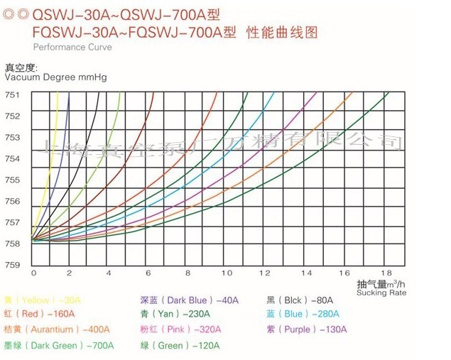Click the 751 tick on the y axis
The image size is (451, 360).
click(x=13, y=94)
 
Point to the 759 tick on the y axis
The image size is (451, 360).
click(x=13, y=265)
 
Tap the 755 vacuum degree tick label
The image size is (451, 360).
click(x=13, y=180)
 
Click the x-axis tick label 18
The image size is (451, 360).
click(x=386, y=273)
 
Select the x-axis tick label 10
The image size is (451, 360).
click(x=227, y=273)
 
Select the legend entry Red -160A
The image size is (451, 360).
click(x=39, y=314)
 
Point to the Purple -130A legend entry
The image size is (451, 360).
click(x=306, y=329)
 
